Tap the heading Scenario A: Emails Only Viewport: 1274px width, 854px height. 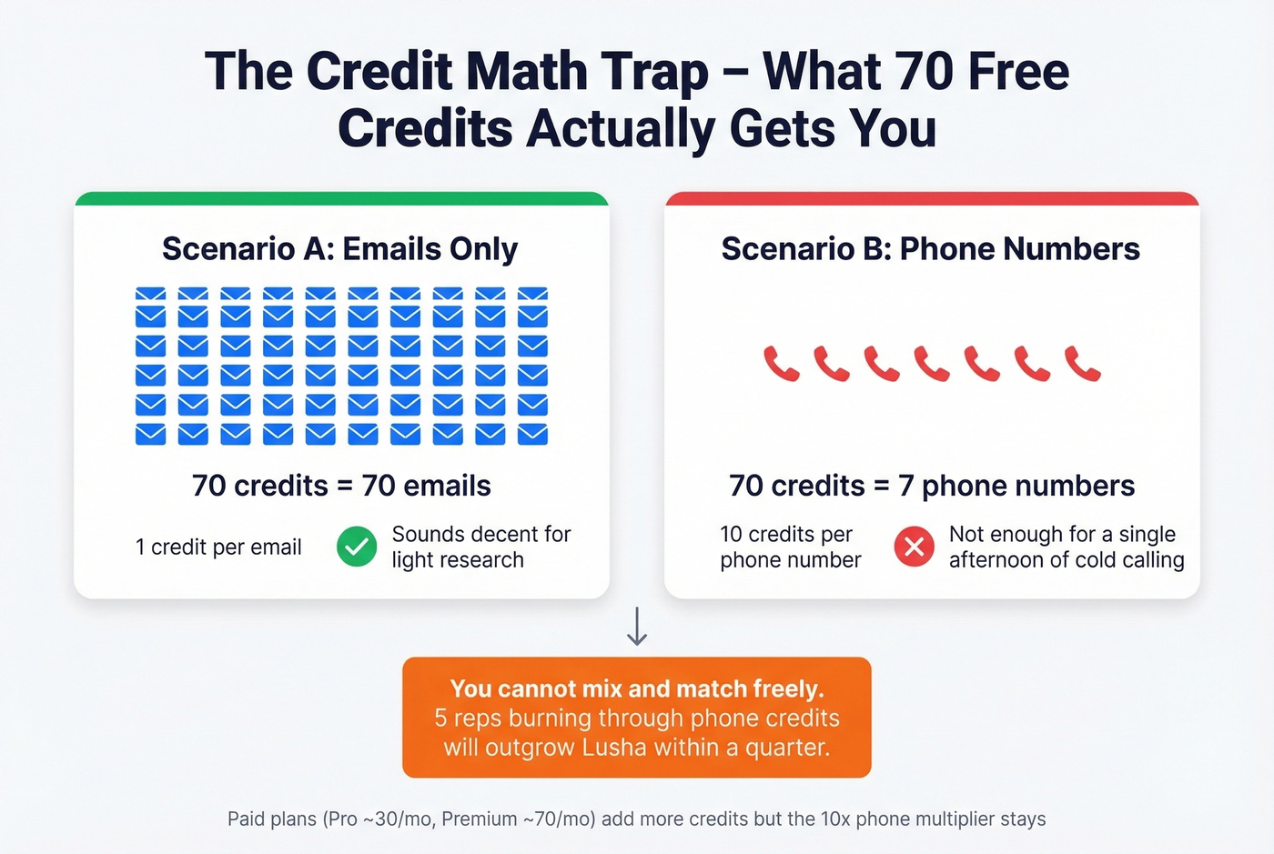click(339, 248)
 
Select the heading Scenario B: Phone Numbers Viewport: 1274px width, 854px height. click(930, 248)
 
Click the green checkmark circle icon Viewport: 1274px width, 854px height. click(357, 547)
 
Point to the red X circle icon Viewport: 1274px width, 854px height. click(914, 547)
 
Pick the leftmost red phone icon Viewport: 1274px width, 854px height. click(781, 364)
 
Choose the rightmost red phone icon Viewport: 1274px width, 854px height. click(1082, 364)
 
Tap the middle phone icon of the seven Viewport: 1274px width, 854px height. click(932, 364)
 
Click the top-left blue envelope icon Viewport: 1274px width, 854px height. click(150, 294)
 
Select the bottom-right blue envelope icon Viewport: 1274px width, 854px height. click(532, 434)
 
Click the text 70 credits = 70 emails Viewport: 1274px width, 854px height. click(341, 486)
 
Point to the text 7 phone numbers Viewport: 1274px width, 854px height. click(1016, 486)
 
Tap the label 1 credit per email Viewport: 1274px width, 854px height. click(218, 547)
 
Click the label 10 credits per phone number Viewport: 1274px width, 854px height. click(790, 547)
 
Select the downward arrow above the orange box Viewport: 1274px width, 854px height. click(637, 627)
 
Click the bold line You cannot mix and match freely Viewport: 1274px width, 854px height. click(637, 688)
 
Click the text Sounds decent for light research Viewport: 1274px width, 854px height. click(480, 547)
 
